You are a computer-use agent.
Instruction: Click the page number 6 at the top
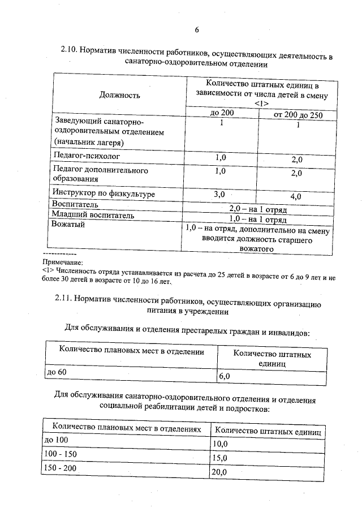click(196, 29)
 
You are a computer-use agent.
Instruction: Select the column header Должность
click(120, 94)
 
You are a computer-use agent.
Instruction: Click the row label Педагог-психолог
click(87, 154)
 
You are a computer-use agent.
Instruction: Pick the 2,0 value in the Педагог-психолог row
click(297, 160)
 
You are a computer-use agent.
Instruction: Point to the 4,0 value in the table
click(295, 196)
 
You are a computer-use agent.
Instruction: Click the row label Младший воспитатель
click(93, 214)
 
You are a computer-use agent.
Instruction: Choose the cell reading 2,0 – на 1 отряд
click(257, 208)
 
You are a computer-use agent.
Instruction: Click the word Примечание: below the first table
click(63, 263)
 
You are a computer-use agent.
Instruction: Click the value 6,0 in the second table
click(225, 376)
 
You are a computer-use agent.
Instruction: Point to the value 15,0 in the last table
click(219, 458)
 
